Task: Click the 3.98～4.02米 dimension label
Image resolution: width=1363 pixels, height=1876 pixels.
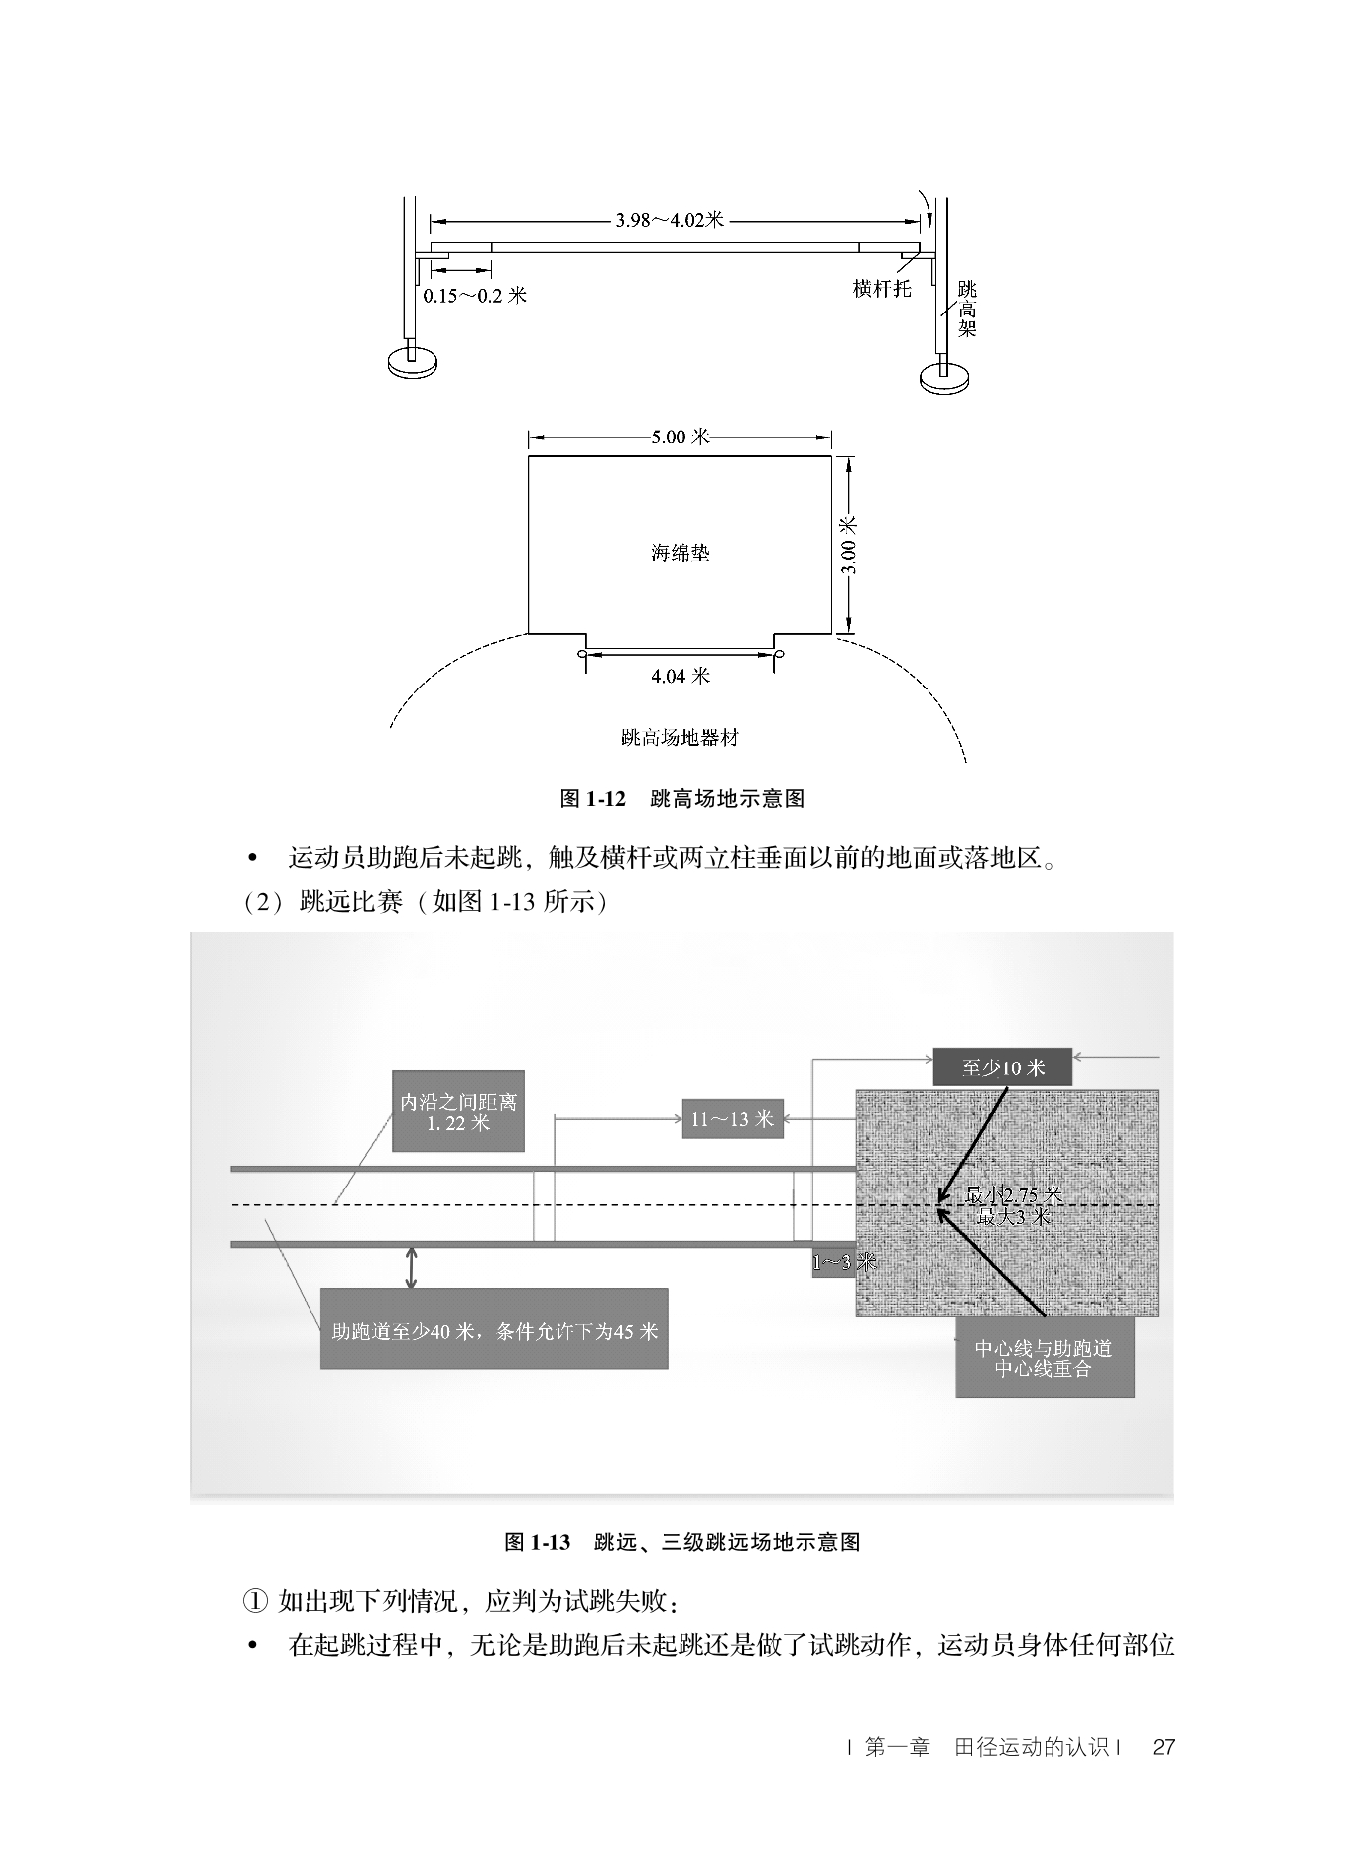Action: (x=670, y=220)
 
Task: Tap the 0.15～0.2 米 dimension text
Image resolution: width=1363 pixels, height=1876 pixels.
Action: (x=474, y=295)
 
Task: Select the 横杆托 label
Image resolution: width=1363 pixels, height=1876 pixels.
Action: (x=881, y=289)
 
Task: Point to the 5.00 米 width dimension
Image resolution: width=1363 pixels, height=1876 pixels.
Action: (x=680, y=437)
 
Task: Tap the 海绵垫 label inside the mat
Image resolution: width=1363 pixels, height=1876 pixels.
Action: (x=680, y=553)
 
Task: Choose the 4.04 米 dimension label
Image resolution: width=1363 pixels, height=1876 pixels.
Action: (x=680, y=676)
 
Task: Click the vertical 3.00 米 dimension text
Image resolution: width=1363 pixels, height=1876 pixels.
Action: (x=849, y=545)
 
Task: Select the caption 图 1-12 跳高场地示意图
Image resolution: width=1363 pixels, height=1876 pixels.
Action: (x=681, y=798)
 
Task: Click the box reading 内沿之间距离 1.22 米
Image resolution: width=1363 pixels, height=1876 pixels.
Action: (x=457, y=1111)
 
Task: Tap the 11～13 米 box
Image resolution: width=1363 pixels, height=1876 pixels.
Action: (x=732, y=1119)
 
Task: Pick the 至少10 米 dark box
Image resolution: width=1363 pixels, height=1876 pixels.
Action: (x=1002, y=1067)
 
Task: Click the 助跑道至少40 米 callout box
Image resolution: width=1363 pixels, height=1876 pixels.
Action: (x=494, y=1329)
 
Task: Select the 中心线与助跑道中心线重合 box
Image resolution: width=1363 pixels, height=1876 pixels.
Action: (x=1044, y=1358)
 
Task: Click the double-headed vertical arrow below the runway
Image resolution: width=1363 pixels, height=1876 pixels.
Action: (x=411, y=1268)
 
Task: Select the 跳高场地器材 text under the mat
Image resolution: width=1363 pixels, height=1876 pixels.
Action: (x=680, y=737)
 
